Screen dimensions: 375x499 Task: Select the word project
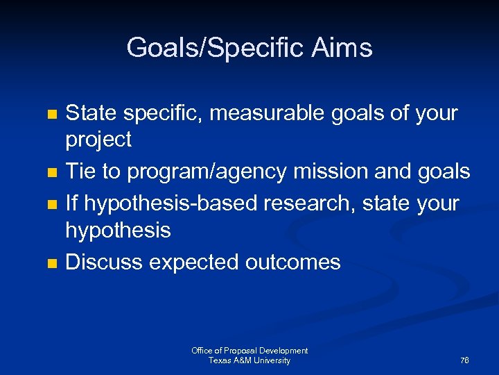click(x=98, y=140)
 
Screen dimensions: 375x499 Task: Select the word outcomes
click(x=294, y=262)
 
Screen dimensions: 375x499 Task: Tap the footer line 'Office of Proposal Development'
click(x=249, y=351)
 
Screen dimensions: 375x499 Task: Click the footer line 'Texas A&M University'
click(x=249, y=360)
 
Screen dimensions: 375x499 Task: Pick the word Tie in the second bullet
click(x=80, y=171)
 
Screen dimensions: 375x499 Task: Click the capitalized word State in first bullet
click(x=92, y=112)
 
